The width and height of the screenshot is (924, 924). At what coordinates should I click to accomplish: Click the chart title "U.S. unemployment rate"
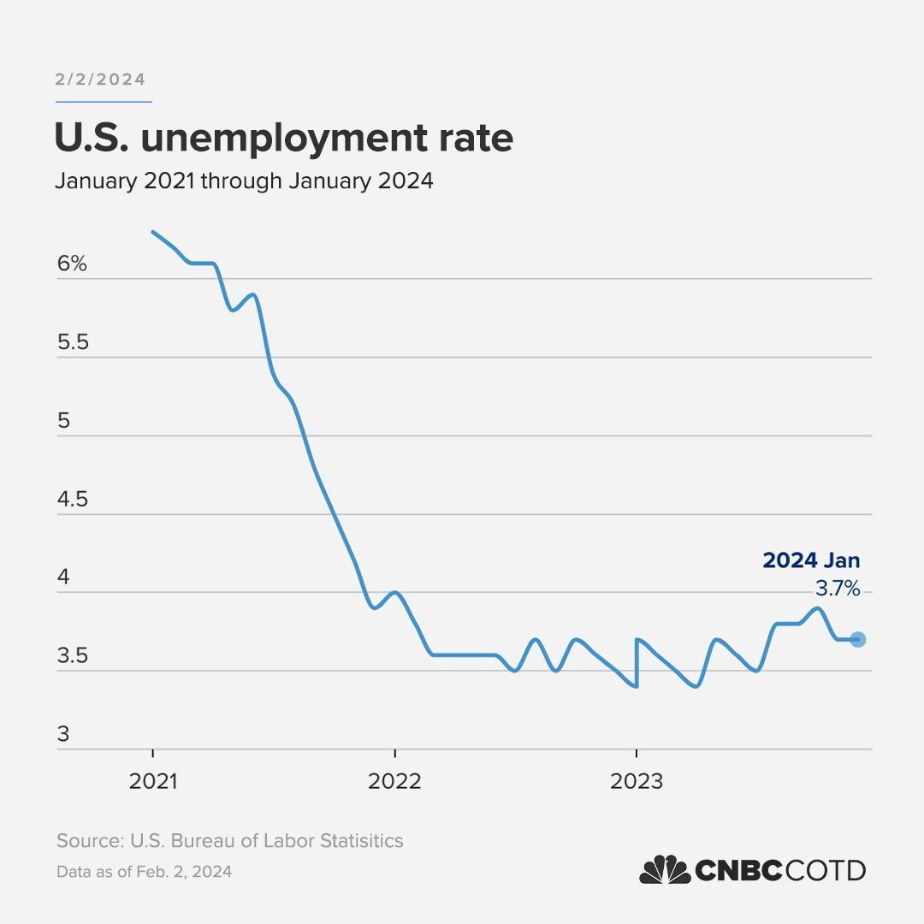pos(283,139)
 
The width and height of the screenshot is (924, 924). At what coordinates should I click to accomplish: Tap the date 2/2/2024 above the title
pos(100,80)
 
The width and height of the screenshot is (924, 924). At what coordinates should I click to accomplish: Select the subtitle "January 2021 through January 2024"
pos(244,181)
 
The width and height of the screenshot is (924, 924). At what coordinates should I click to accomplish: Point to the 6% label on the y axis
pos(72,264)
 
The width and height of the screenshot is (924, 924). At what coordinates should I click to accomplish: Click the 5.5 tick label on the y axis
pos(72,343)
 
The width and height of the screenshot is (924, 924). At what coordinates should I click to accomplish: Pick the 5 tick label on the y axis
pos(62,422)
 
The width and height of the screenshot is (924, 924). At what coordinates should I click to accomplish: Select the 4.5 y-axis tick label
pos(72,500)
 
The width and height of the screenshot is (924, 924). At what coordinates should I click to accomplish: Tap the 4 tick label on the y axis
pos(62,578)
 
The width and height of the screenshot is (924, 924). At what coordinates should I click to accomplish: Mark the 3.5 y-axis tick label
pos(72,657)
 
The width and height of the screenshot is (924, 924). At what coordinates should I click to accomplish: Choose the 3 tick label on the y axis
pos(62,735)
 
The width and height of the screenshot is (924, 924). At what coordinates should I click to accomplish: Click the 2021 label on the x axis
pos(152,781)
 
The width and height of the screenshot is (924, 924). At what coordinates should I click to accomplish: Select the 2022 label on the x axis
pos(394,781)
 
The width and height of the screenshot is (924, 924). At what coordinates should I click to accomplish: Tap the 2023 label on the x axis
pos(636,781)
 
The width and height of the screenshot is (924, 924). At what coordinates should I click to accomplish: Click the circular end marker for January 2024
pos(858,639)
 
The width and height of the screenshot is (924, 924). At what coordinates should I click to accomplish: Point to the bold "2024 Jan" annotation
pos(811,561)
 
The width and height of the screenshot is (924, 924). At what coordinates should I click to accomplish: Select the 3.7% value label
pos(837,589)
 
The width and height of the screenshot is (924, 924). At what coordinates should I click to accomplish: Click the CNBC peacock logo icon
pos(665,870)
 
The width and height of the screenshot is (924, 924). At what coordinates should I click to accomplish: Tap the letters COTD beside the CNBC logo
pos(826,871)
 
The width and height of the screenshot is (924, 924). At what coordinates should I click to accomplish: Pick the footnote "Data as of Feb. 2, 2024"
pos(144,873)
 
